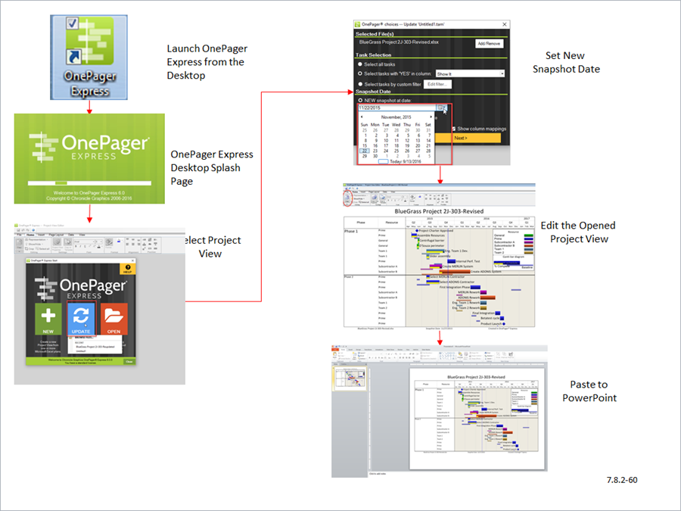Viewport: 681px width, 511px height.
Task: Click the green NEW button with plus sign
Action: tap(48, 319)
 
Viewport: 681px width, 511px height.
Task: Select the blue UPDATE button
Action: tap(81, 319)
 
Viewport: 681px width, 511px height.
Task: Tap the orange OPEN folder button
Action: tap(113, 319)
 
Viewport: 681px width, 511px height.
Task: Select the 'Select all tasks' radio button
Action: tap(360, 64)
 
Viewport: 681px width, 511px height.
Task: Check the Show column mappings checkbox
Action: tap(452, 129)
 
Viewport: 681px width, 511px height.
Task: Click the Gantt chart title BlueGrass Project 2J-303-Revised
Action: tap(439, 211)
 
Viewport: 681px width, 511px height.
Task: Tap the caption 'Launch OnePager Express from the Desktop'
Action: tap(207, 62)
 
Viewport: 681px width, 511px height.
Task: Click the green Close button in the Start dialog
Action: tap(129, 362)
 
